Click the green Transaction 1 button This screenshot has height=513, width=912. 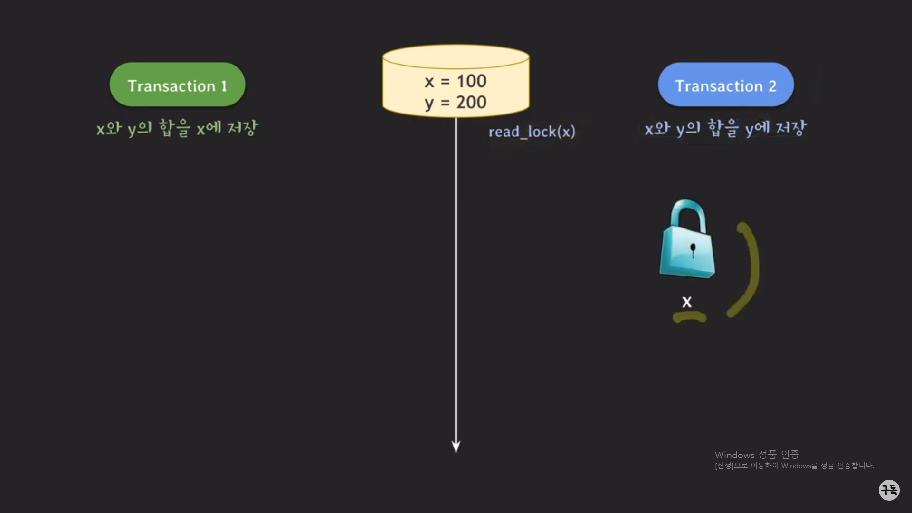pos(177,85)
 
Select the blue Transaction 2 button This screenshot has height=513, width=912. pos(725,85)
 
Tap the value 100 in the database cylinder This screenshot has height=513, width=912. pos(471,81)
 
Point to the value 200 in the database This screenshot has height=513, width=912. pos(471,102)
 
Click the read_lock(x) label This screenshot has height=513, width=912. pos(532,132)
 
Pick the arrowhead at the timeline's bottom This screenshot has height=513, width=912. pos(456,446)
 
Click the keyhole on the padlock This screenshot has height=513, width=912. pos(693,249)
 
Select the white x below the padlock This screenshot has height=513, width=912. pos(687,302)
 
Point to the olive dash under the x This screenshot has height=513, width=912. pos(690,317)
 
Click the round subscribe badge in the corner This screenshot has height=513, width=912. pos(889,490)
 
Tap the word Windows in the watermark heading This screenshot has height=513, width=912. pos(734,455)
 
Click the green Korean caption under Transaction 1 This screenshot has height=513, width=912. pos(177,128)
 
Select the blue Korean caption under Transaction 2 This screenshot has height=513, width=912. pos(725,128)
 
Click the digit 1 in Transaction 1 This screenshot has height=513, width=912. pos(224,86)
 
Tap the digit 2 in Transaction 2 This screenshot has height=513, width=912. pos(772,86)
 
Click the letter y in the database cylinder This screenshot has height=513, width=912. pos(429,103)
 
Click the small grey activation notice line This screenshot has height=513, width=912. pos(794,466)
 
